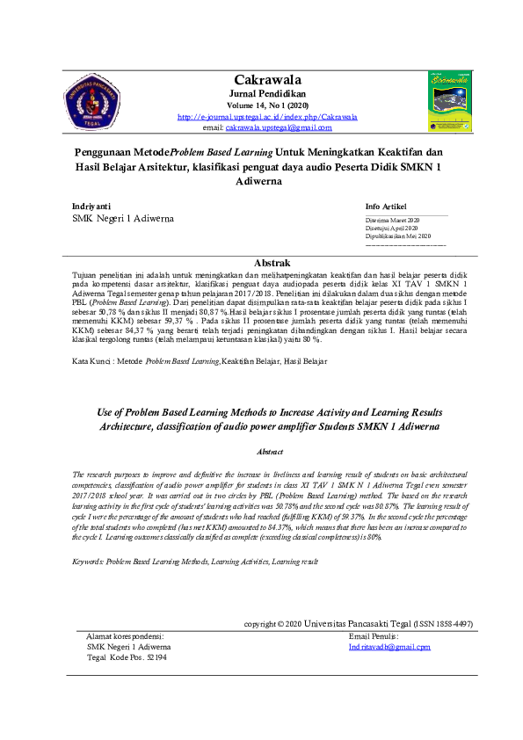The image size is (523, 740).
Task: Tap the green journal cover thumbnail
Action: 449,102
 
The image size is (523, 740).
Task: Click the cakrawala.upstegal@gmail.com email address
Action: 279,127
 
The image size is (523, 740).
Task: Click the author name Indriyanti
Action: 91,205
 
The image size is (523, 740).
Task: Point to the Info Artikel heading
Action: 386,206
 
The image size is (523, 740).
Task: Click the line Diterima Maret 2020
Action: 393,219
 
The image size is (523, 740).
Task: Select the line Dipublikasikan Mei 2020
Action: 398,236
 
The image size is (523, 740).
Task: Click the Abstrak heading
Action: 272,263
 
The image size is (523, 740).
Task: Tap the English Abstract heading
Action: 270,451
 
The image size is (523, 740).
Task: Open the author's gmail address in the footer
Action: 389,647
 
